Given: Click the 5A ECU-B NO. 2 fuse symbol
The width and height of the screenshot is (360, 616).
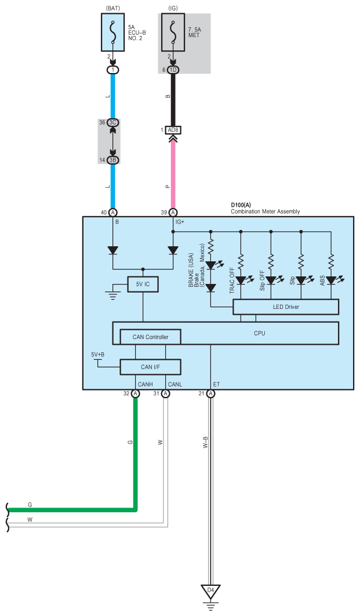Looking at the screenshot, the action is click(x=113, y=32).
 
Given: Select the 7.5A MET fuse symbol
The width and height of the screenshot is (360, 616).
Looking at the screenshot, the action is click(x=173, y=32).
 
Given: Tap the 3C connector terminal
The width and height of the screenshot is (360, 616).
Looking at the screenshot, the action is click(x=113, y=123).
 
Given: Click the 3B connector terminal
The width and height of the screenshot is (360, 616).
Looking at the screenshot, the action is click(x=113, y=160).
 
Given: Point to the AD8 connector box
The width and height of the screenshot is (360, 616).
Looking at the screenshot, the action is click(x=173, y=130).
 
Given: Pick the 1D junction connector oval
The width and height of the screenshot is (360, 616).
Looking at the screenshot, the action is click(x=173, y=70).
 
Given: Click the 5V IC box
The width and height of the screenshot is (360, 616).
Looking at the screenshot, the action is click(x=143, y=284).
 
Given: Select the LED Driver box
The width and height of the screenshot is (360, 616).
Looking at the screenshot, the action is click(x=286, y=307).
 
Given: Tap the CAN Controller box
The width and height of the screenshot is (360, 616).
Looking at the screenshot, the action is click(x=150, y=337).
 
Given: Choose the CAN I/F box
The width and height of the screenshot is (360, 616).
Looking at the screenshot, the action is click(x=150, y=367).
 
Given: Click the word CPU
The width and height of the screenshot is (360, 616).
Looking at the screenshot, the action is click(x=259, y=333).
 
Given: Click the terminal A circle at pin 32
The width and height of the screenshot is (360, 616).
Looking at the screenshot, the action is click(x=135, y=393).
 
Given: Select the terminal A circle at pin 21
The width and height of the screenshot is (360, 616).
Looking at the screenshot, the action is click(x=211, y=393).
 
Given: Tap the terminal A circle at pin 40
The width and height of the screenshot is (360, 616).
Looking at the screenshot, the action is click(x=113, y=213).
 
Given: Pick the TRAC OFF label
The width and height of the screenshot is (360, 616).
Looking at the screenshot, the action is click(x=232, y=280).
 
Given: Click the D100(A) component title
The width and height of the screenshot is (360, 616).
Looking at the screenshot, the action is click(x=241, y=205).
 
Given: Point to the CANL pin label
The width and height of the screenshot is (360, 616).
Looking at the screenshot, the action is click(x=175, y=384).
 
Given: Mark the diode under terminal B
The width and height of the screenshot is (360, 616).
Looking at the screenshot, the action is click(x=113, y=250).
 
